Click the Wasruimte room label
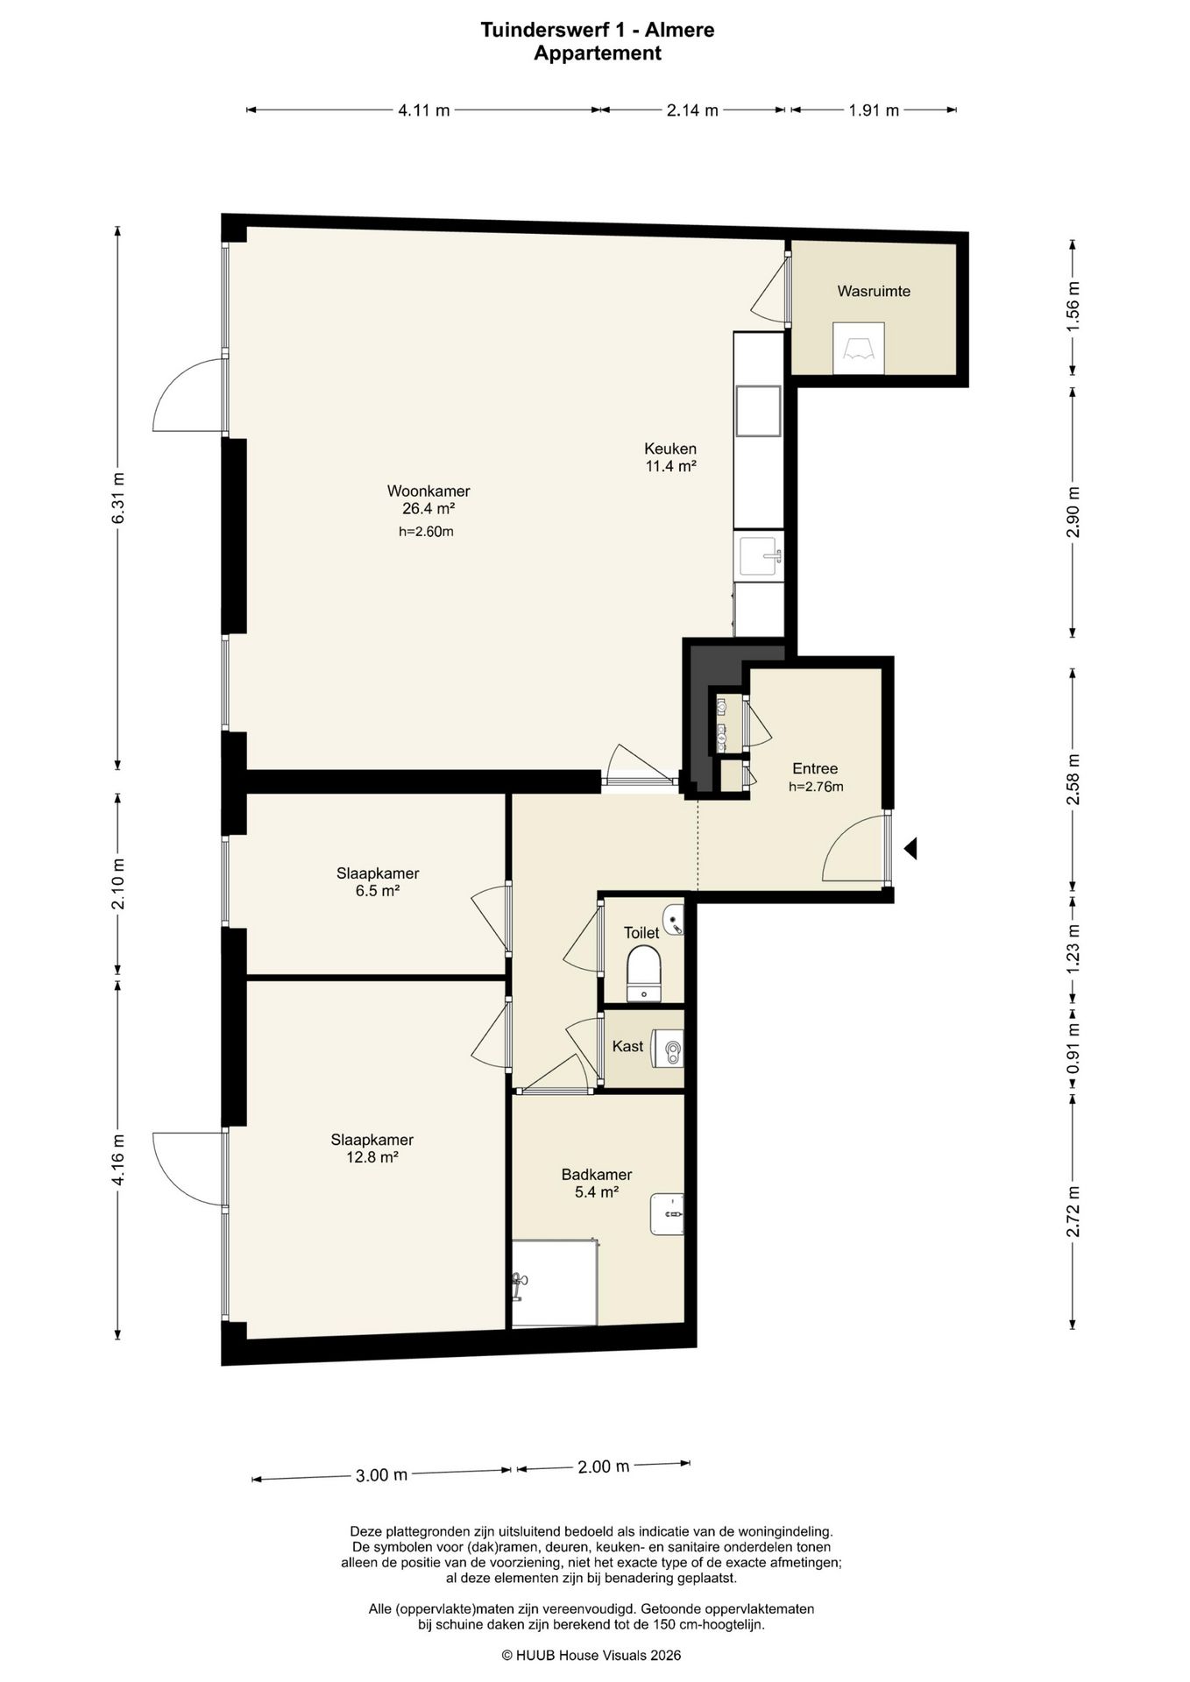tap(874, 291)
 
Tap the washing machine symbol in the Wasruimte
tap(859, 349)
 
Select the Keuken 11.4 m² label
tap(671, 457)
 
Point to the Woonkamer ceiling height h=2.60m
tap(426, 531)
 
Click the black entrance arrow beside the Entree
tap(910, 848)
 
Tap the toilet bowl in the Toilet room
tap(645, 972)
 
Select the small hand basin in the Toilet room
tap(673, 920)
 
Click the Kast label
tap(627, 1046)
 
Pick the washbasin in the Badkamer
tap(667, 1213)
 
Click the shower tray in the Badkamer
tap(555, 1283)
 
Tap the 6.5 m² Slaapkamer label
tap(378, 882)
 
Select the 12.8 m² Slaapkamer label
tap(372, 1148)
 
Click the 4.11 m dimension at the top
tap(424, 110)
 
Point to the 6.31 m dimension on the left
tap(117, 498)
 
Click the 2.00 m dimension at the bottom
tap(604, 1466)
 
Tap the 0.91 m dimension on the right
tap(1073, 1048)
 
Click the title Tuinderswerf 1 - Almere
tap(598, 30)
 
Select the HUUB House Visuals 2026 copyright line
tap(591, 1655)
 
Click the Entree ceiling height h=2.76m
tap(816, 787)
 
